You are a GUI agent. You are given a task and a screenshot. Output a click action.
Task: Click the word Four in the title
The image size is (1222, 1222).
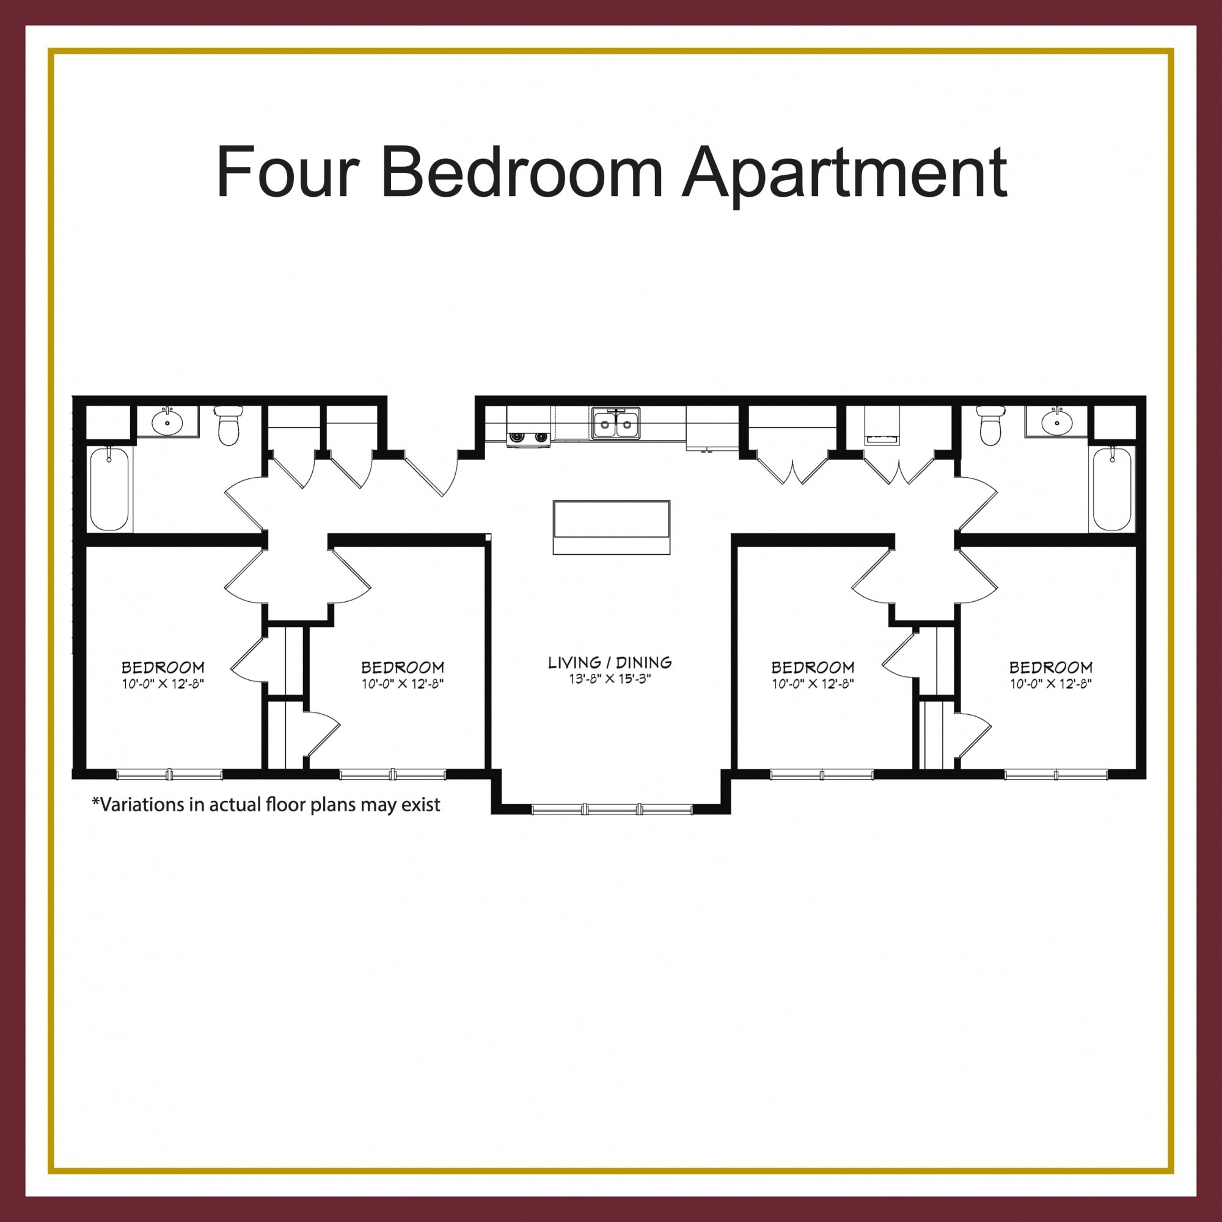click(288, 172)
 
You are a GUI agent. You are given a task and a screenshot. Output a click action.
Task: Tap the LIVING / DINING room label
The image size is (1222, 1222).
click(610, 662)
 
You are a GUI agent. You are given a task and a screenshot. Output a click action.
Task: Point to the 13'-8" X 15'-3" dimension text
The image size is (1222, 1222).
click(610, 679)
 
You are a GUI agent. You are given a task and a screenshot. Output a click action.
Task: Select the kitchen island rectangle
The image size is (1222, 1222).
click(611, 527)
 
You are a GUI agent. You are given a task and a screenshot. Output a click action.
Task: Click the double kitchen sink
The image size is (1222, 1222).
click(615, 423)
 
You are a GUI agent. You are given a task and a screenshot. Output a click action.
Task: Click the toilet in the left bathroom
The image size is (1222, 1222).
click(229, 425)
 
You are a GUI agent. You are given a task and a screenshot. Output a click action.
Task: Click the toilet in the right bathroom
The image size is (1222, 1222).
click(990, 425)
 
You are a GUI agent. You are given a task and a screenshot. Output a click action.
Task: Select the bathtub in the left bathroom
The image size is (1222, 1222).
click(109, 489)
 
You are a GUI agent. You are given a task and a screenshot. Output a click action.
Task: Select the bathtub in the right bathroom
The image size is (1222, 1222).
click(1112, 489)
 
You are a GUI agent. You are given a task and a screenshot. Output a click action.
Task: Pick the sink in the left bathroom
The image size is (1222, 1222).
click(167, 421)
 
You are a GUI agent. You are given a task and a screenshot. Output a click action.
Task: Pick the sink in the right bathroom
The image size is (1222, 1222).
click(1056, 421)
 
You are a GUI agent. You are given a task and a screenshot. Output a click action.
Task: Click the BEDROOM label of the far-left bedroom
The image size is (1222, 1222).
click(163, 667)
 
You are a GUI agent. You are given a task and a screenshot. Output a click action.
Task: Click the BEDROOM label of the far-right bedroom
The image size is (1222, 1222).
click(1050, 667)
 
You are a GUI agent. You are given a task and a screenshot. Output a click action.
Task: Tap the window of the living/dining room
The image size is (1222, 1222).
click(612, 809)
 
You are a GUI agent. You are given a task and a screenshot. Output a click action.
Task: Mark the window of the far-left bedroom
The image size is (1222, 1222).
click(169, 774)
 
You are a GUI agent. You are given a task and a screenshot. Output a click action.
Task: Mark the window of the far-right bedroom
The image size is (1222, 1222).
click(1056, 774)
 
